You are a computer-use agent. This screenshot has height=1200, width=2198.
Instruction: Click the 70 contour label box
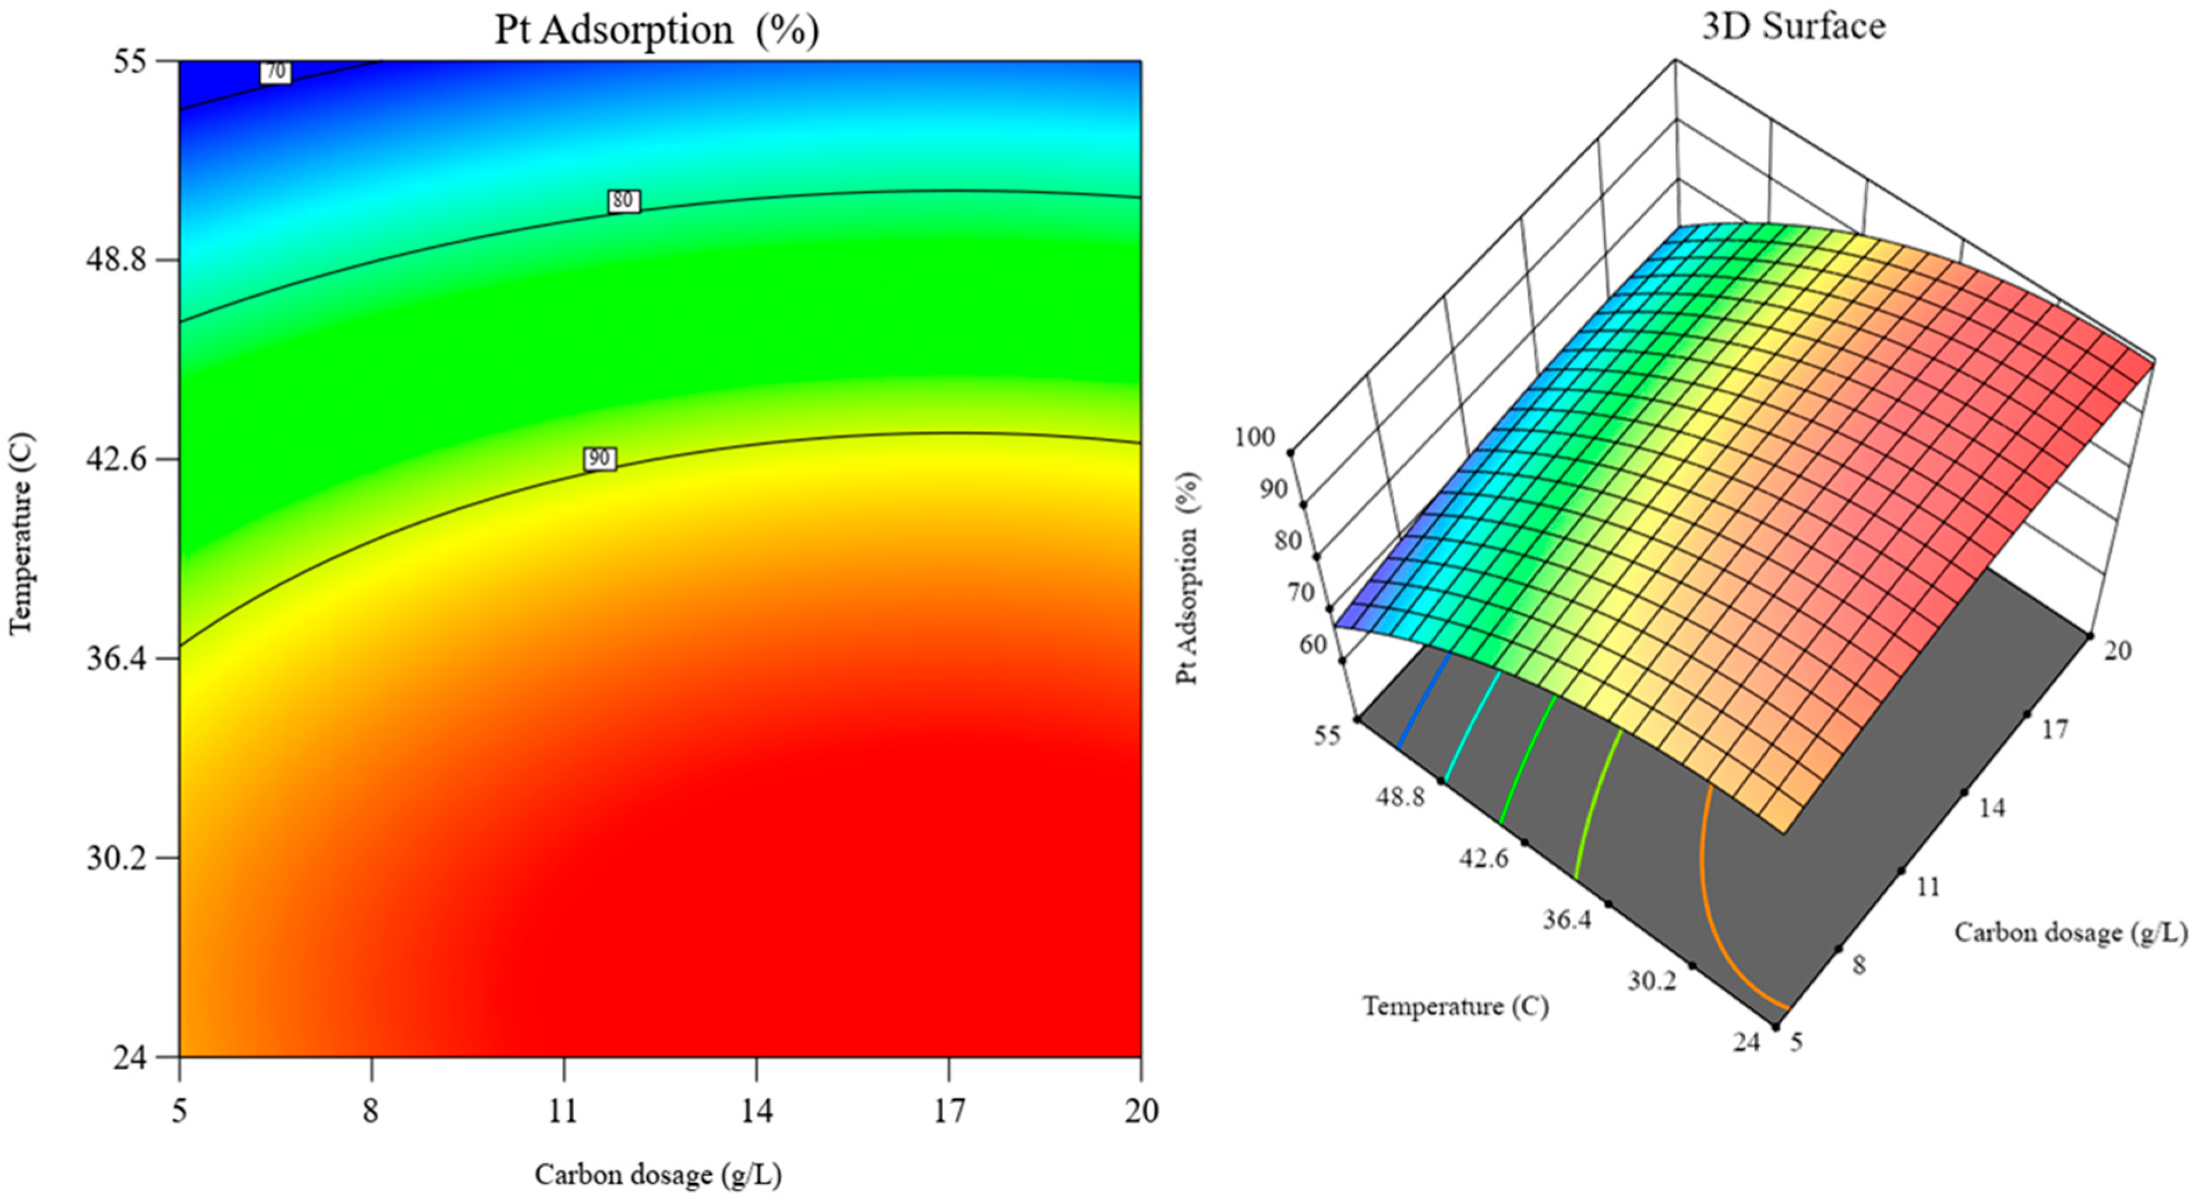click(275, 72)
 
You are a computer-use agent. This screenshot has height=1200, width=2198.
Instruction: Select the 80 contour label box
click(623, 200)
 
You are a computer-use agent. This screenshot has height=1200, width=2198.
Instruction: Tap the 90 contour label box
click(599, 458)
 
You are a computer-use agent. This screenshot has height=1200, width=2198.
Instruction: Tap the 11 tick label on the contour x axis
click(563, 1111)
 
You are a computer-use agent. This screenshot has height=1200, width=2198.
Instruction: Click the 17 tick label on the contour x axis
click(949, 1111)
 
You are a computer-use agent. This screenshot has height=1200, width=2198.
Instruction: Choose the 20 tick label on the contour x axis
click(1141, 1111)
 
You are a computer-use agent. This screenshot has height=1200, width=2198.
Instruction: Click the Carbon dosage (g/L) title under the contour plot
click(658, 1176)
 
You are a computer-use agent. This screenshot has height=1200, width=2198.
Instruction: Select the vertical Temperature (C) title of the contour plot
click(22, 533)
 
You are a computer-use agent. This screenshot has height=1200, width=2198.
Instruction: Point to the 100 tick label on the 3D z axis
click(1254, 437)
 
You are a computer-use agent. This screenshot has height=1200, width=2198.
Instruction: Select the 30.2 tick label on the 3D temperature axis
click(1651, 981)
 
